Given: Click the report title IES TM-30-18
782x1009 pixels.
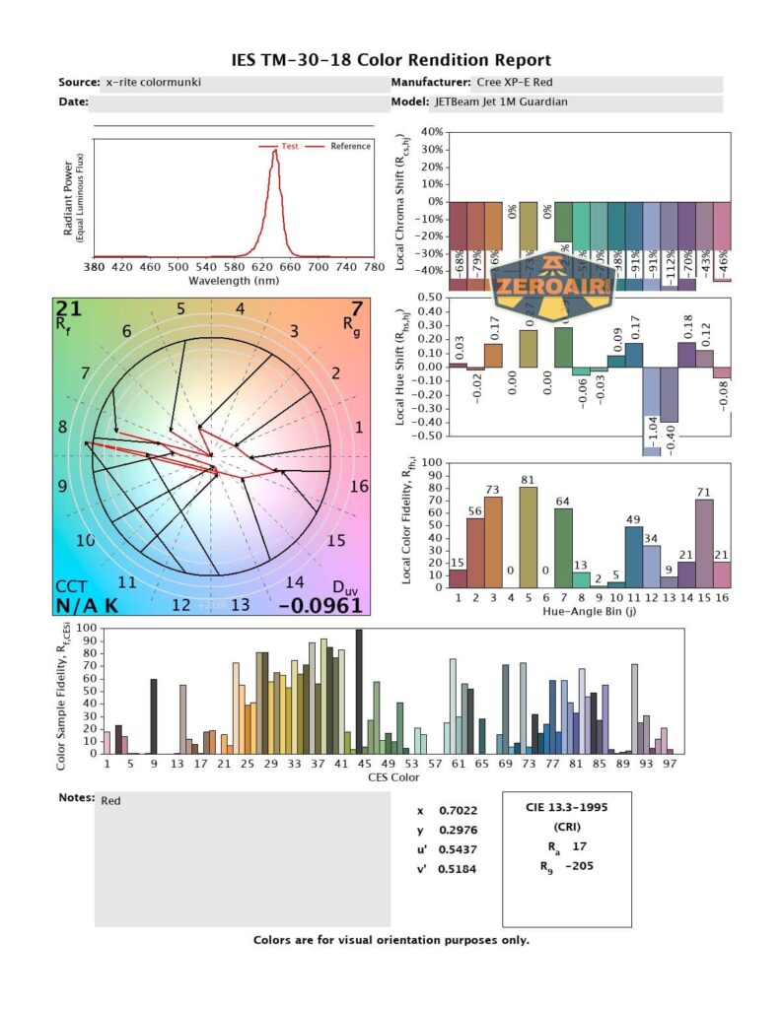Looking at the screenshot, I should (x=390, y=60).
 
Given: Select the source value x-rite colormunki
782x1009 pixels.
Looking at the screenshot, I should (x=153, y=83).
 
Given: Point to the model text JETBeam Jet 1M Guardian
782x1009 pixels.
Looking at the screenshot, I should (x=500, y=101).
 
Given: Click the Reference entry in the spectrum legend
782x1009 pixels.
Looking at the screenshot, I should (x=350, y=146).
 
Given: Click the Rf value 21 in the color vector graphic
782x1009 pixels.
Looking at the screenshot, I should (x=69, y=309).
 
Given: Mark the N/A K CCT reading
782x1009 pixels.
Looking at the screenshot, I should (x=86, y=605).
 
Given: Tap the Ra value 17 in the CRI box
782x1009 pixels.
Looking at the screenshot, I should (x=580, y=845).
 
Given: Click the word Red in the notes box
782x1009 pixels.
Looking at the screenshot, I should (x=111, y=801).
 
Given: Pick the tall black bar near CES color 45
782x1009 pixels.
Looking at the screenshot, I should (x=358, y=693).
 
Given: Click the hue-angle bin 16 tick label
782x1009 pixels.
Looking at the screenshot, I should (x=722, y=597).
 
